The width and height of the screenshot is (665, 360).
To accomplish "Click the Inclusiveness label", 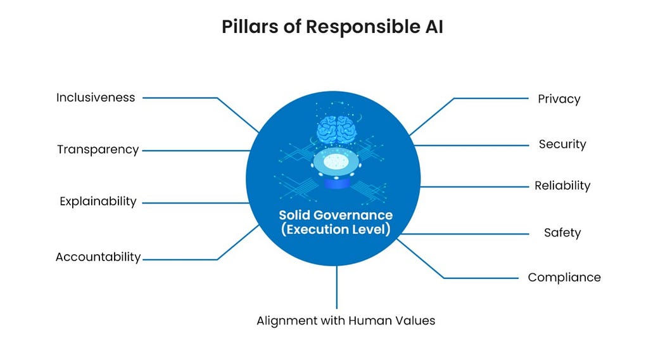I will [96, 98].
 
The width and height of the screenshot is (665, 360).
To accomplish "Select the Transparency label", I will [98, 150].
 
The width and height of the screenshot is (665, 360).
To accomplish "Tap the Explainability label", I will [98, 202].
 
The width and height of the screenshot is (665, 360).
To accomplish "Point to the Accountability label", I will [98, 257].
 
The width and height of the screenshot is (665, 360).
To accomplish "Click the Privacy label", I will [559, 99].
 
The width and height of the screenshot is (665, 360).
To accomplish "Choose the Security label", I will [562, 145].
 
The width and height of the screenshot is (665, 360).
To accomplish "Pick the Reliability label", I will [562, 186].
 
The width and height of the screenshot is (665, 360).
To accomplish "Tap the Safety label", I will [562, 233].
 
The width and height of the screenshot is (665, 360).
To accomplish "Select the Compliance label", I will [564, 278].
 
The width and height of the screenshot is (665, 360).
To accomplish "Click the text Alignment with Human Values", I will [346, 321].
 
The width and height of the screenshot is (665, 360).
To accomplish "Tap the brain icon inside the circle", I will [336, 129].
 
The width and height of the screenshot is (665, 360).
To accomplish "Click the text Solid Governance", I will [336, 215].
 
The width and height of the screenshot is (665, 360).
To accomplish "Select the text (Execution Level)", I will [336, 229].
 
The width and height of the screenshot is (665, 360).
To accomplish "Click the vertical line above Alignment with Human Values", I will [337, 288].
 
